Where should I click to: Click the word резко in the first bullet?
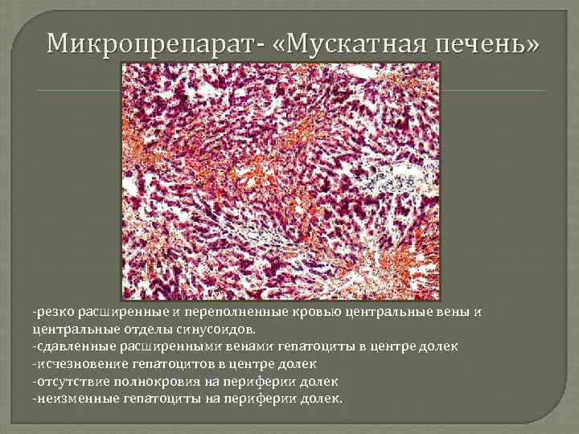tap(50, 312)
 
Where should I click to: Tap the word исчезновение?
tap(74, 363)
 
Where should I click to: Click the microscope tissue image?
tap(281, 182)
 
